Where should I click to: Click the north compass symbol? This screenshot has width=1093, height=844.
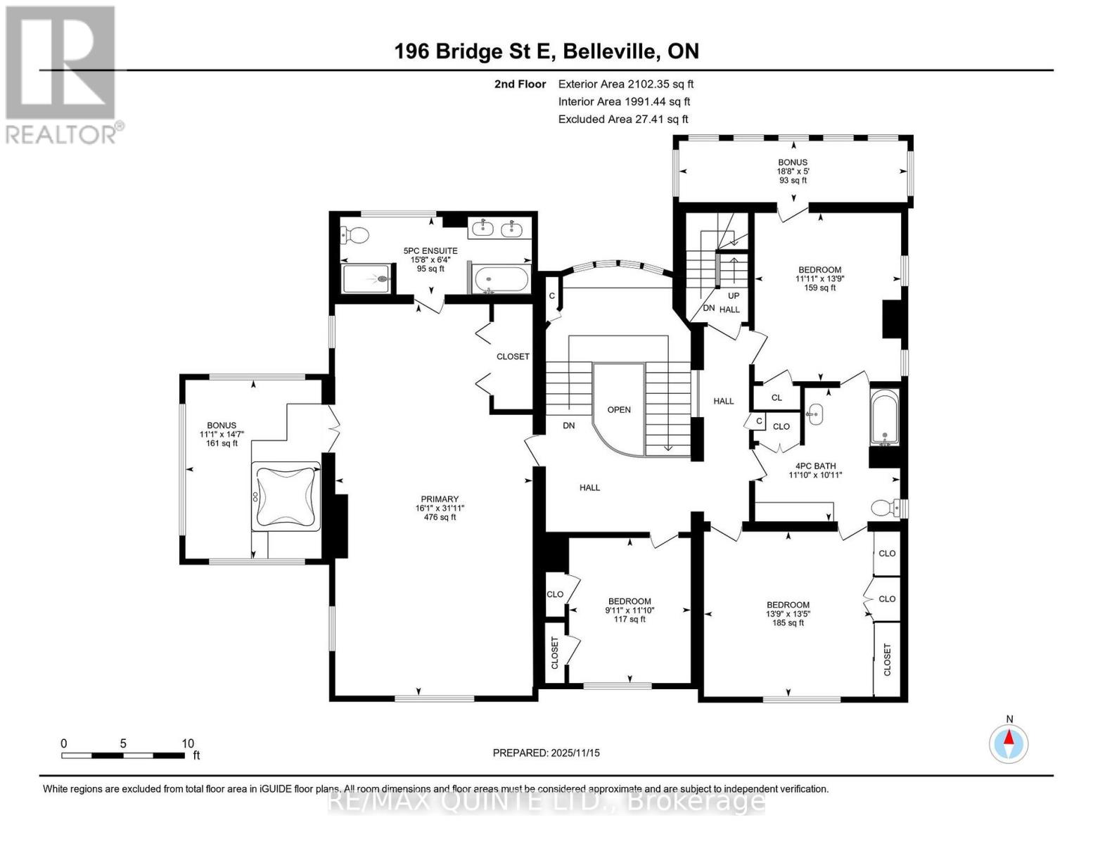[1009, 743]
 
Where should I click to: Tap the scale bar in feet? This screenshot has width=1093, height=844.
[123, 755]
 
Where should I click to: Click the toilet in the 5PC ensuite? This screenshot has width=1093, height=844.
[356, 236]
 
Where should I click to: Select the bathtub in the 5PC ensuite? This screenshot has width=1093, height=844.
[501, 280]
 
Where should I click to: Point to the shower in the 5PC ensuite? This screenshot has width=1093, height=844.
[366, 279]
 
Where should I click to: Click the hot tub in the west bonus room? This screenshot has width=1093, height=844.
[287, 497]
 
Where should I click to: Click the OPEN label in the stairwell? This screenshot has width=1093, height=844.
[619, 409]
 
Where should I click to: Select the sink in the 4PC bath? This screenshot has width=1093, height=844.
[815, 414]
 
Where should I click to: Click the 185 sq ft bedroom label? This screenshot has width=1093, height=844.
[788, 613]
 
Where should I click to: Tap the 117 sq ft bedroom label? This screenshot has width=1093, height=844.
[629, 610]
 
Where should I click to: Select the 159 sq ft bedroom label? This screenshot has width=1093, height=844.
[819, 279]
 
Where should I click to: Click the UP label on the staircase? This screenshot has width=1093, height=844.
[733, 295]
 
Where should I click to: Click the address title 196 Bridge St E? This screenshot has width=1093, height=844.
[546, 51]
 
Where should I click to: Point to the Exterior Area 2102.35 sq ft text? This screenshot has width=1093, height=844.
[626, 84]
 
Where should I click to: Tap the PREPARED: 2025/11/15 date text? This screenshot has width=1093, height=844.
[546, 753]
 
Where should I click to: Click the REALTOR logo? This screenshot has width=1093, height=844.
[62, 74]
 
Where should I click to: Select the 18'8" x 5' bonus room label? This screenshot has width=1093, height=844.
[792, 171]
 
